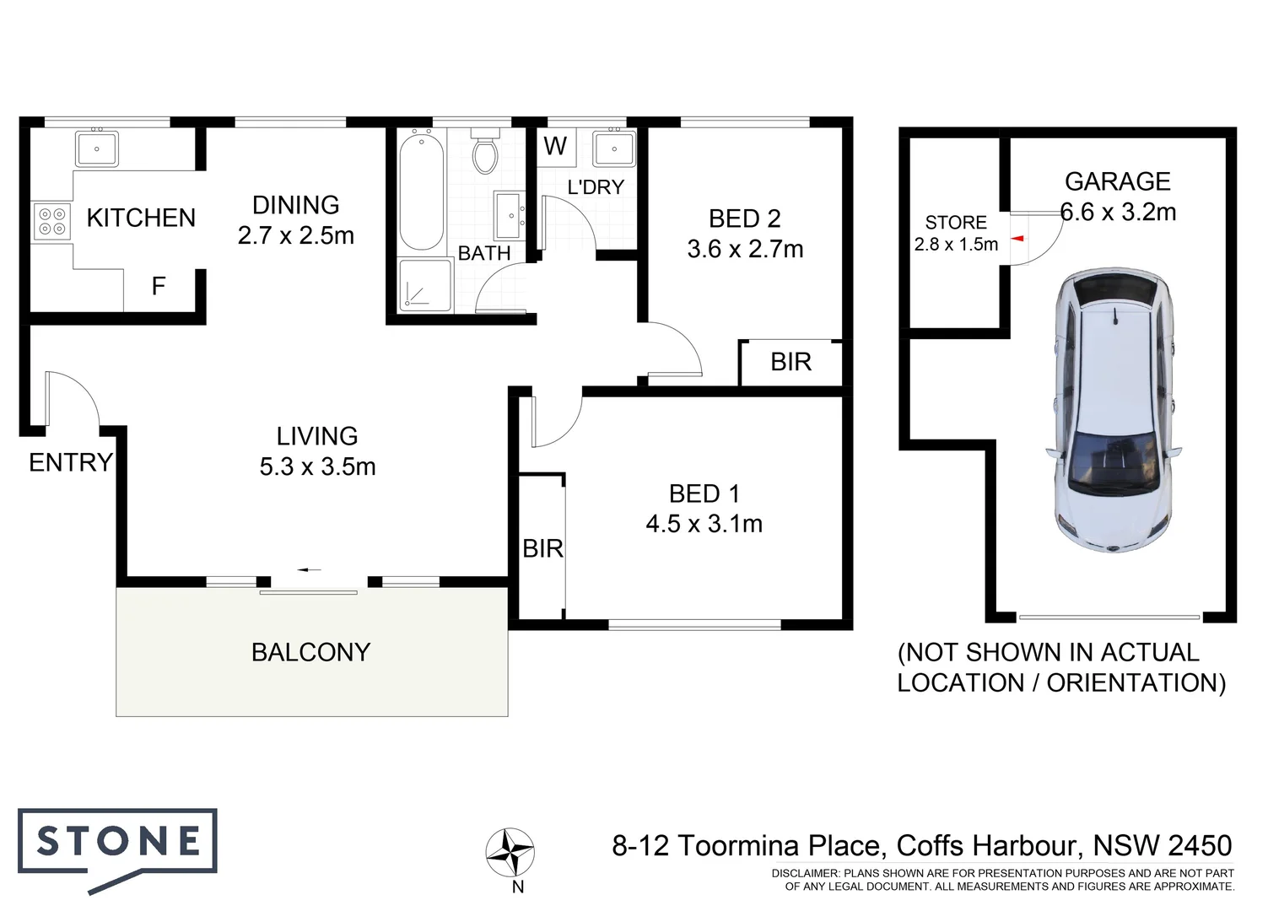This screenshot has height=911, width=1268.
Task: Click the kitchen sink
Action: click(97, 149)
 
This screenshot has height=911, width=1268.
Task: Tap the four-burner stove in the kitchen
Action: click(51, 221)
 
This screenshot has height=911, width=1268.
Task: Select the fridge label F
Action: click(158, 287)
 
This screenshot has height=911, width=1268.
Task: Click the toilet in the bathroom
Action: click(485, 153)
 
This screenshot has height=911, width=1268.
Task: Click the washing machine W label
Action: click(555, 146)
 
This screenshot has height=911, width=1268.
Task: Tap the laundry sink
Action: click(613, 148)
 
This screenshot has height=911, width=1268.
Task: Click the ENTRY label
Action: click(70, 462)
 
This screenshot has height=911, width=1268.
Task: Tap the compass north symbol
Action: click(510, 852)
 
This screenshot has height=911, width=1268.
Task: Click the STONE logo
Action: click(118, 844)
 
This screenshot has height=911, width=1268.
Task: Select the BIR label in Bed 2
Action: click(790, 362)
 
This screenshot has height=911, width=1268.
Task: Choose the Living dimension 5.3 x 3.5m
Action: click(317, 466)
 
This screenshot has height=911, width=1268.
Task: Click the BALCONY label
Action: click(310, 652)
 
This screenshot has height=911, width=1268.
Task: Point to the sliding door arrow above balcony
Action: click(310, 570)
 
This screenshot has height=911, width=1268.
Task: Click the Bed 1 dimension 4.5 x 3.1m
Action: click(704, 524)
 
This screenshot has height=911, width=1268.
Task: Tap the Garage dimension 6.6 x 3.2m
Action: click(1118, 212)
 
